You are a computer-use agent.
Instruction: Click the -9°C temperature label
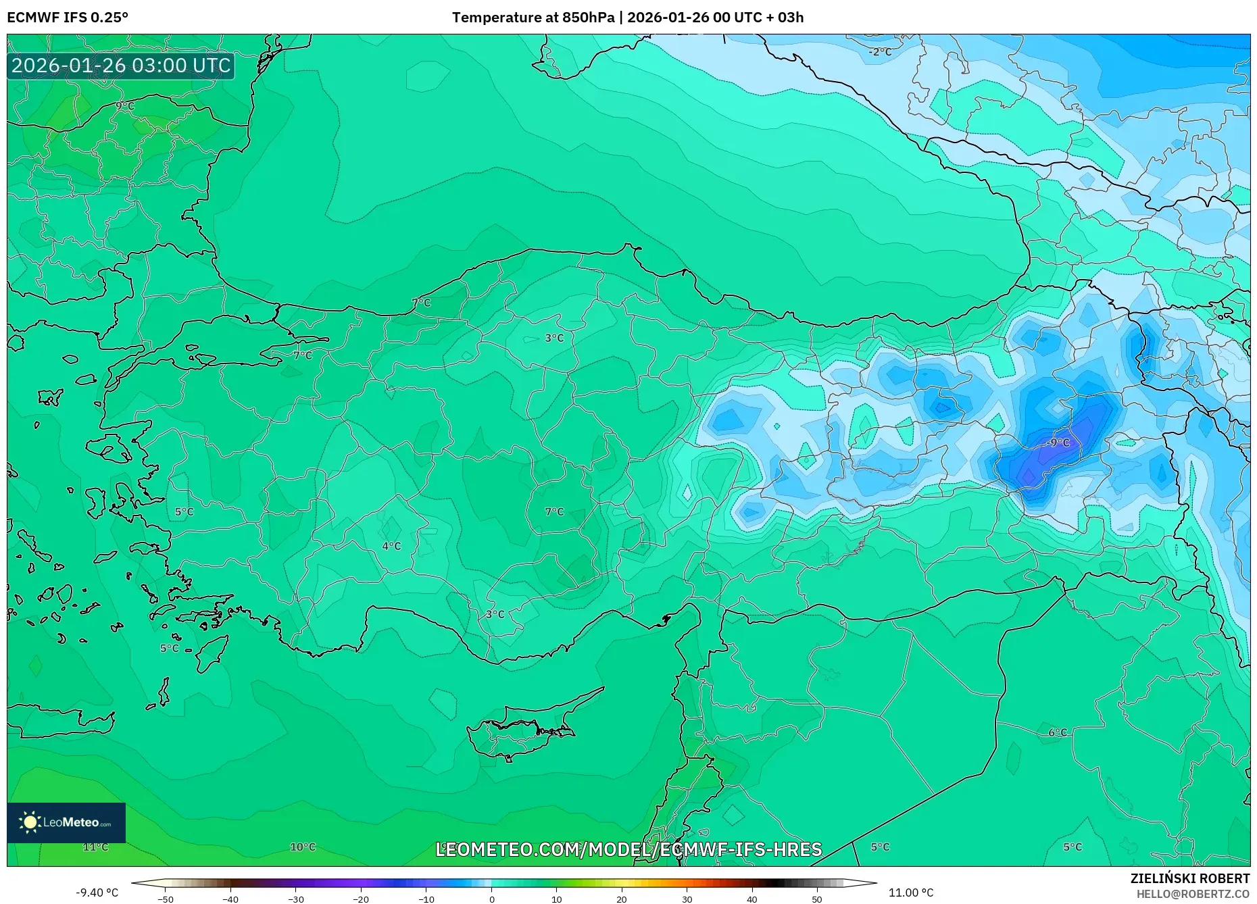click(x=1059, y=443)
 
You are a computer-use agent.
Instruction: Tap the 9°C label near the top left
click(x=125, y=106)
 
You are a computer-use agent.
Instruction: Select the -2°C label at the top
click(x=880, y=52)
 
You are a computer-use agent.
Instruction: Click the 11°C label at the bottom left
click(x=95, y=847)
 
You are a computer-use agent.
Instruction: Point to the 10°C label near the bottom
click(x=303, y=847)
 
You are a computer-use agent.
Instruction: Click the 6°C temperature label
click(x=1058, y=732)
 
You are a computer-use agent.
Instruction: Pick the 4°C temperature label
click(x=391, y=546)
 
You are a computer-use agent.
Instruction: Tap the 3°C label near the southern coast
click(x=495, y=614)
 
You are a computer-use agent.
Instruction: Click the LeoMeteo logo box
click(x=66, y=822)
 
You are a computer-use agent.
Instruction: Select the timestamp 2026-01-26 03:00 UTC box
click(x=121, y=66)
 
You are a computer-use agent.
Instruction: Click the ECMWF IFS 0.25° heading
click(x=68, y=18)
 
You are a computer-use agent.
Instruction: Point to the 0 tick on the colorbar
click(x=491, y=899)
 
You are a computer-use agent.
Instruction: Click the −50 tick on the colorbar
click(x=166, y=899)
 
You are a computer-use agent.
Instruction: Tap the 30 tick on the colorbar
click(x=687, y=899)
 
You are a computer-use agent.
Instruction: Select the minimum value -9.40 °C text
click(x=97, y=893)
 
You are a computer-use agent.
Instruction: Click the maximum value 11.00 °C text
click(x=910, y=893)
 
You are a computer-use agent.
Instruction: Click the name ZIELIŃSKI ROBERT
click(x=1189, y=878)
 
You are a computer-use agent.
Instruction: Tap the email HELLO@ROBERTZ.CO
click(x=1193, y=894)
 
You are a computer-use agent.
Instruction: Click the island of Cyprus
click(x=524, y=730)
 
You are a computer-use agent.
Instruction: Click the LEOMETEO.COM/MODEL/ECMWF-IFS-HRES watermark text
click(x=628, y=849)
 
